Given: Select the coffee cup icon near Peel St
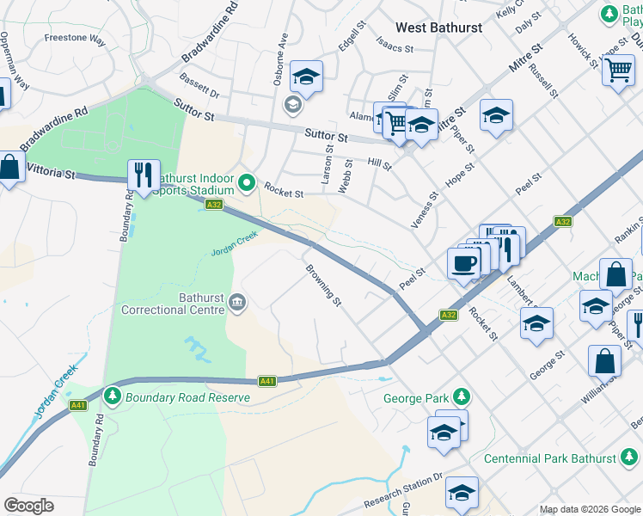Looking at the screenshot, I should (x=464, y=263).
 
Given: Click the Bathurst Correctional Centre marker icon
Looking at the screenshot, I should (x=238, y=303).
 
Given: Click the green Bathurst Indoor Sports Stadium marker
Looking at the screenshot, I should (x=248, y=182).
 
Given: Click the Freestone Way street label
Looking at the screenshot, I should (x=75, y=40).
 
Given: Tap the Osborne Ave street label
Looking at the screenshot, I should (x=280, y=59).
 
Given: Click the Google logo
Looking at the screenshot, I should (x=28, y=506).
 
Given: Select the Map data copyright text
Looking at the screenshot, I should (x=589, y=509).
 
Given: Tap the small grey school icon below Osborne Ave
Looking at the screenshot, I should (x=292, y=105).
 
